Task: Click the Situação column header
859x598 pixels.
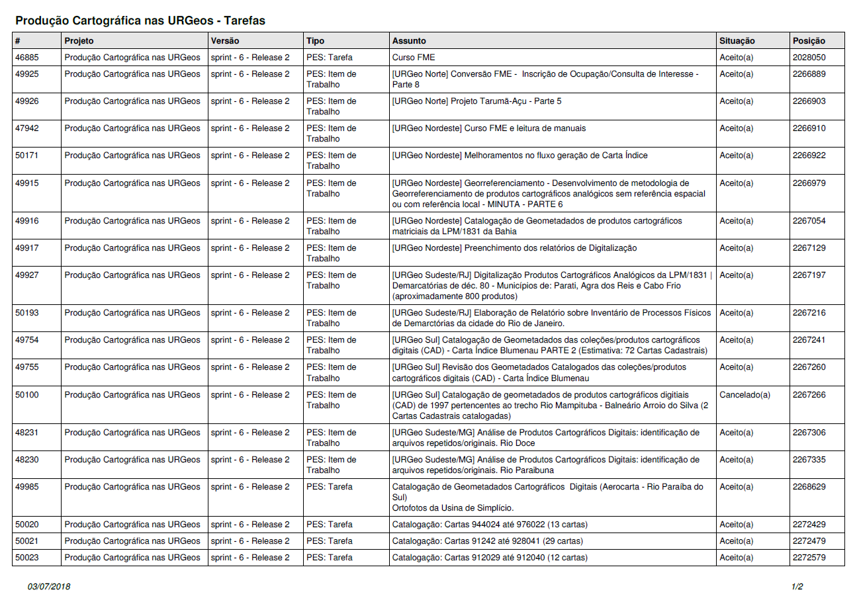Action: click(737, 41)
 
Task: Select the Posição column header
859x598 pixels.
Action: click(809, 41)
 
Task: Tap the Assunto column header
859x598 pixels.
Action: click(409, 41)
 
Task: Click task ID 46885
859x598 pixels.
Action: click(27, 58)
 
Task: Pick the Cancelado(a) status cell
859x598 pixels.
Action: click(745, 395)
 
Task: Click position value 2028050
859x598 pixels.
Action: click(809, 58)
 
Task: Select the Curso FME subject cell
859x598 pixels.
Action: click(414, 58)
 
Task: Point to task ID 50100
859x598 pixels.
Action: click(27, 395)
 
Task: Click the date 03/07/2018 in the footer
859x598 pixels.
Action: click(49, 587)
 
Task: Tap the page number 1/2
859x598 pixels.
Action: click(797, 587)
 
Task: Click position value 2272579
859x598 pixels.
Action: click(809, 558)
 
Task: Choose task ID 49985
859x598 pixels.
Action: click(27, 487)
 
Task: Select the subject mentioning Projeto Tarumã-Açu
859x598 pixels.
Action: click(476, 101)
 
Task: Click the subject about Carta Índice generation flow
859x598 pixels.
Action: click(520, 155)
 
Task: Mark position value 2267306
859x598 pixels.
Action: click(809, 433)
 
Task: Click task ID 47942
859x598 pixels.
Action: click(27, 128)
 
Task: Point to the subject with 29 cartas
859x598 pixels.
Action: click(489, 541)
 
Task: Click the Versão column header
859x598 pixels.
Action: click(225, 41)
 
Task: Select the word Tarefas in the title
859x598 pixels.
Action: click(242, 21)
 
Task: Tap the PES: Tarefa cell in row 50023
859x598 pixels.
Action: click(330, 558)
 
